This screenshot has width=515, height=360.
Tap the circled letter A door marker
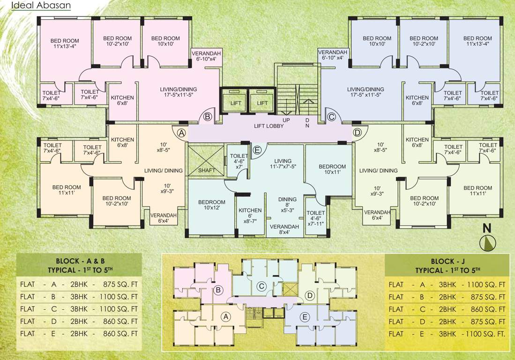[x=182, y=133]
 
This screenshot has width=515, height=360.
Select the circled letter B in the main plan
[x=208, y=117]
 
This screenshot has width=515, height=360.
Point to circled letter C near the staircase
[x=331, y=117]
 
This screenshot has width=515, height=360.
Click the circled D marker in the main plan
[x=357, y=133]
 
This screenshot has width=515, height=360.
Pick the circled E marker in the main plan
[x=257, y=150]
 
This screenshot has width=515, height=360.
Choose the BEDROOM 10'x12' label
[x=212, y=205]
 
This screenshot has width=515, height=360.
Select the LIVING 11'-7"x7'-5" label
[x=283, y=164]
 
